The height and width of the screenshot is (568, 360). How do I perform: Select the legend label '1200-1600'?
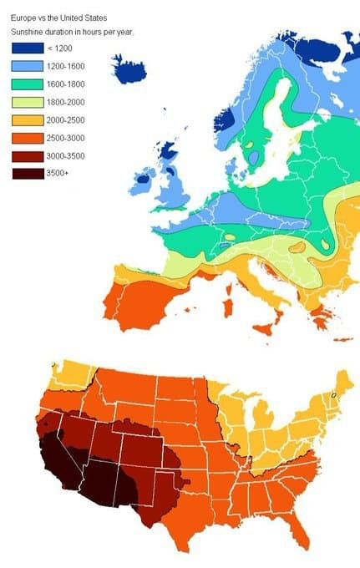[67, 66]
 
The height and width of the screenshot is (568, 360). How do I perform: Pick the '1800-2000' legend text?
[67, 102]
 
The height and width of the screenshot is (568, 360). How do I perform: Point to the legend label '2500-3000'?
[67, 138]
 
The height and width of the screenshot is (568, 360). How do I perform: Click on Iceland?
[138, 68]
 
